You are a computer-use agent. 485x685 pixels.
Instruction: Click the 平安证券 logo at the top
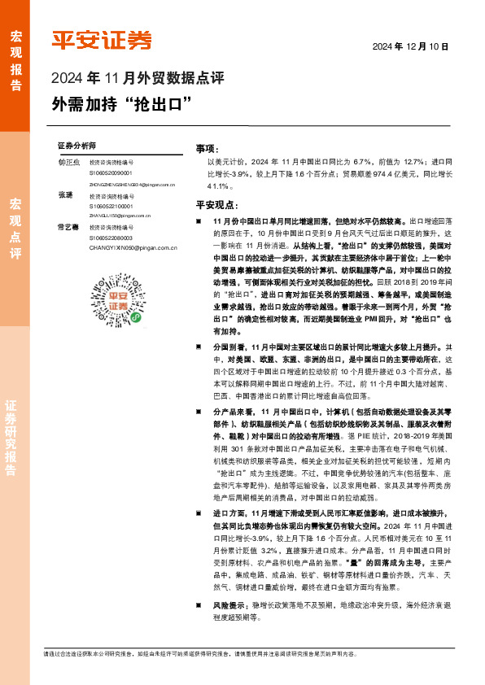coord(102,40)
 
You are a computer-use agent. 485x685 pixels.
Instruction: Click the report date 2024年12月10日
coord(411,46)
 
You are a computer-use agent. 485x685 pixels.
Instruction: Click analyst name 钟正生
coord(68,163)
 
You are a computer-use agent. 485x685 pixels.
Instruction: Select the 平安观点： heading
coord(216,205)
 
